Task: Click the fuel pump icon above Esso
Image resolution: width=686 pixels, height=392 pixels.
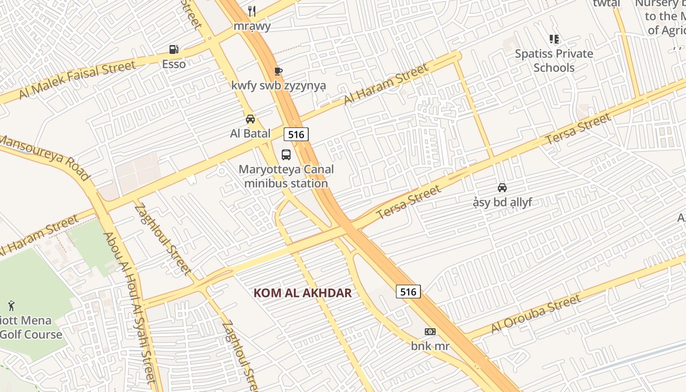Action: click(174, 49)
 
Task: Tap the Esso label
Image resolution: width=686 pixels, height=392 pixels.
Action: click(174, 64)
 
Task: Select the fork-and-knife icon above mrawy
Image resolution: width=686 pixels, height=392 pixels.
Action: click(252, 11)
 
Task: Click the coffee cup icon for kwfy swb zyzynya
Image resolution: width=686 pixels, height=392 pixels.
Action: click(278, 72)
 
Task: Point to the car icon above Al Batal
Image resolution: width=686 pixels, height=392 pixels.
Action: click(250, 119)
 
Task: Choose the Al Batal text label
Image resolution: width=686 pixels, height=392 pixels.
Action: click(250, 133)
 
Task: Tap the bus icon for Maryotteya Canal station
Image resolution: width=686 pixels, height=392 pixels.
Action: click(286, 155)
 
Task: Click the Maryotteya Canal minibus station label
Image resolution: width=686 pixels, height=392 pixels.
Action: click(286, 176)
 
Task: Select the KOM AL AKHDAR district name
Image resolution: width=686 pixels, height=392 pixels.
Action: click(303, 293)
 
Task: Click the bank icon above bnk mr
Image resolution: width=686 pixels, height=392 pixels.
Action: click(430, 332)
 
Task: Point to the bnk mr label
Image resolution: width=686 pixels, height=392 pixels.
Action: click(430, 346)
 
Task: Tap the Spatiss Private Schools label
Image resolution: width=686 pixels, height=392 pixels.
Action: click(554, 60)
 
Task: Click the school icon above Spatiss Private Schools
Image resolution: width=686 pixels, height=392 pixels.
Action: click(554, 39)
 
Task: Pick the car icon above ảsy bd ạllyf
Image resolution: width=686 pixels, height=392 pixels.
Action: click(502, 188)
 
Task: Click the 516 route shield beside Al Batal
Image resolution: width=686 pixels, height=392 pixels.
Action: click(296, 134)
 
